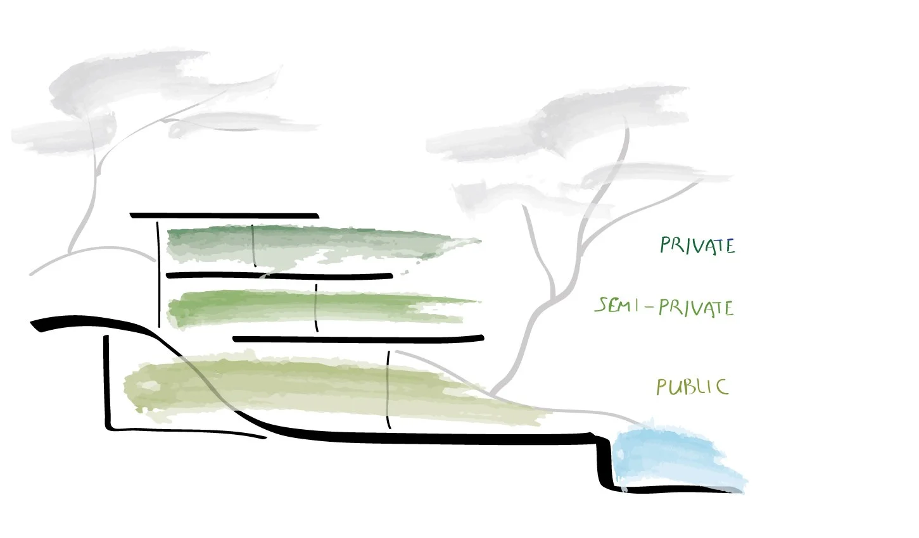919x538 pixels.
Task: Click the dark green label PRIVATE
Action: click(697, 246)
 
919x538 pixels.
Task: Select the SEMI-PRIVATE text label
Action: click(664, 308)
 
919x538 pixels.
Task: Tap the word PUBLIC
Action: click(692, 386)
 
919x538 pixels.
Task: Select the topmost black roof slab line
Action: click(224, 215)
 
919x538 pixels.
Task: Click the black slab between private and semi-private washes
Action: click(279, 275)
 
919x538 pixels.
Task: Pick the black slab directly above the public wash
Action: click(358, 339)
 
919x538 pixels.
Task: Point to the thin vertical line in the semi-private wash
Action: click(316, 308)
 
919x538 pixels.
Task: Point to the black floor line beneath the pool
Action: click(678, 490)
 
